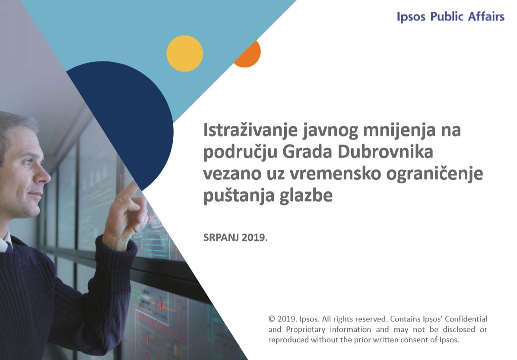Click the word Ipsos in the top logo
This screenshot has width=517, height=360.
411,16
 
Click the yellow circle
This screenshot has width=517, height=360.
185,54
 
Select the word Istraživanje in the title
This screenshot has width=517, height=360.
251,131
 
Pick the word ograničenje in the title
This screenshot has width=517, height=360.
435,174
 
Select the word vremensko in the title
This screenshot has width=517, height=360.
335,174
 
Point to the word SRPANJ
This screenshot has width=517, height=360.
221,237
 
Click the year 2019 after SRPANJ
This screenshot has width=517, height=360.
253,237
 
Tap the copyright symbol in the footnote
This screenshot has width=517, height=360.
272,319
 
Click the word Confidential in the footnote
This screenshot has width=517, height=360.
466,319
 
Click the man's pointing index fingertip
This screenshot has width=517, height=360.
136,184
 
